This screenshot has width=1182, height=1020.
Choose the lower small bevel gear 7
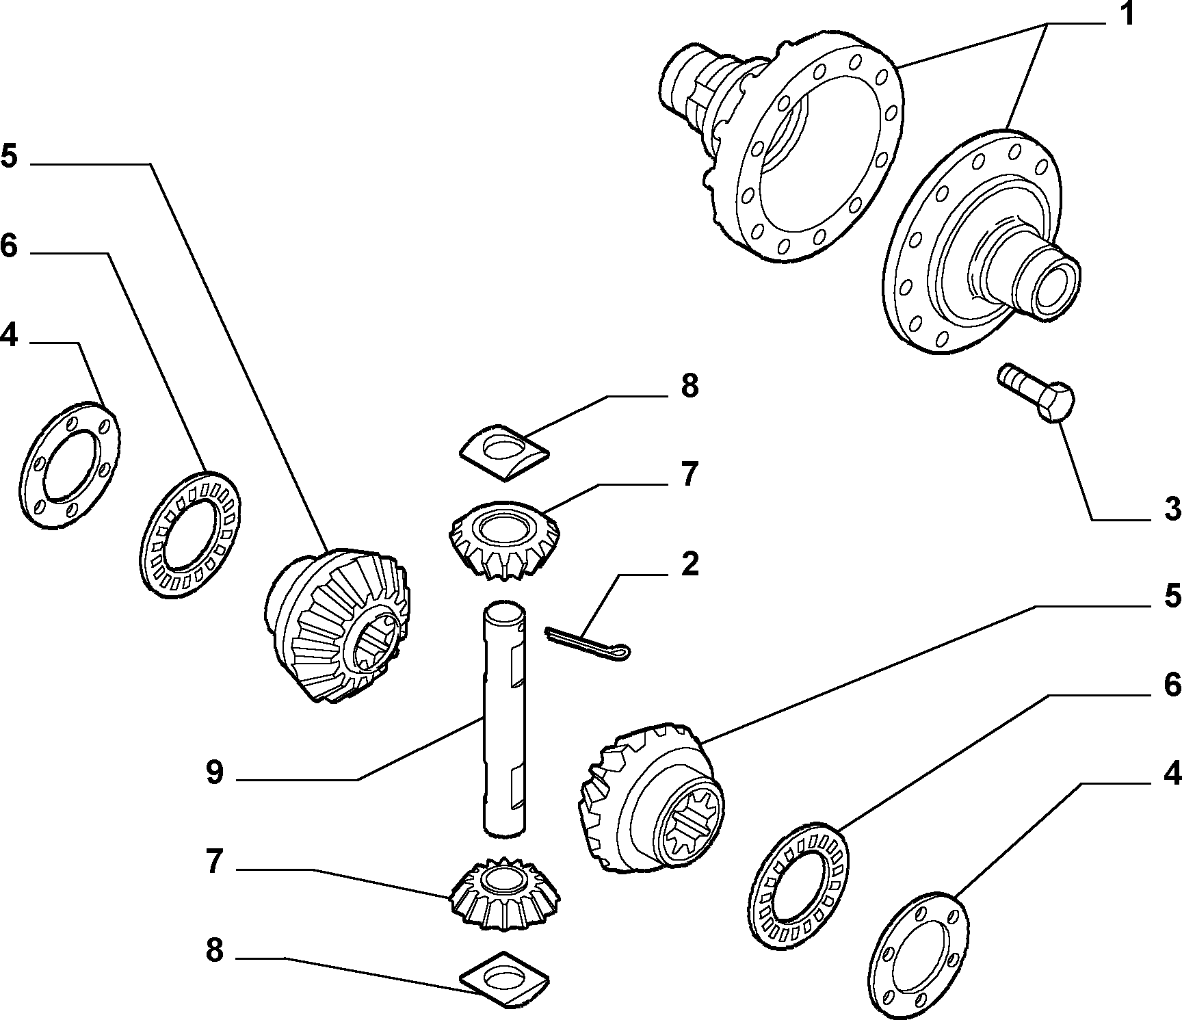coord(505,893)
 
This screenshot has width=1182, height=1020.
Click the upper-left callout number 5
coord(10,156)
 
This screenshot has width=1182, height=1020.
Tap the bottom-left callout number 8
coord(214,951)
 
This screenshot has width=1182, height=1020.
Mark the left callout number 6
coord(10,246)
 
